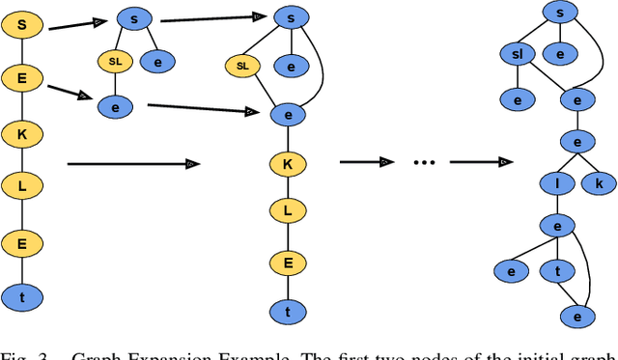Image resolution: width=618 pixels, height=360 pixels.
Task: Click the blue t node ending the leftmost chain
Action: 22,296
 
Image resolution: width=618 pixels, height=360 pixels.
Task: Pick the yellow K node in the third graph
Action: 287,164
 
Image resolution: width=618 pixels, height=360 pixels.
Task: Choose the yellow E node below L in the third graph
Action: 287,261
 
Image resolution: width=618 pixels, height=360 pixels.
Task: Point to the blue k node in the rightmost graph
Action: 599,182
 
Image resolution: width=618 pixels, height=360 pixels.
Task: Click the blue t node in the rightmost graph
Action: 557,272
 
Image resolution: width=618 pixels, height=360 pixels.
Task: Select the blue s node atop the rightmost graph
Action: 557,13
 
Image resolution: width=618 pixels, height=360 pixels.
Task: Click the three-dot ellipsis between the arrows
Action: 424,163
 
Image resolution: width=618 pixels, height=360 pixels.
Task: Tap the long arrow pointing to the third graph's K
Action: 130,165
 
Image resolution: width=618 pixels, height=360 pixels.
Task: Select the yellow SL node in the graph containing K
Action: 242,67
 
